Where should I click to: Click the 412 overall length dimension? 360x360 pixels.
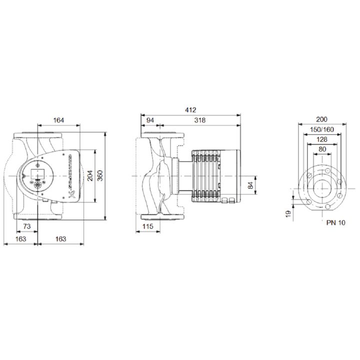(x=190, y=110)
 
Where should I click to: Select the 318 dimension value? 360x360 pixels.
(x=199, y=120)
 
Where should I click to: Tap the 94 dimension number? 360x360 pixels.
(x=150, y=120)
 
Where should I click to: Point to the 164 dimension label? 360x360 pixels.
(x=58, y=120)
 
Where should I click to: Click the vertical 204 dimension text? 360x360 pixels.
(x=90, y=175)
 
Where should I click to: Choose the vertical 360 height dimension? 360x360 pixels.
(x=100, y=175)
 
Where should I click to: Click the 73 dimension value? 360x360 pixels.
(x=27, y=226)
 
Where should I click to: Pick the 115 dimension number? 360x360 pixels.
(x=147, y=226)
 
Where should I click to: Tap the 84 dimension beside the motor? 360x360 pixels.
(x=250, y=185)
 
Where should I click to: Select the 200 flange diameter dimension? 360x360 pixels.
(x=321, y=119)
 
